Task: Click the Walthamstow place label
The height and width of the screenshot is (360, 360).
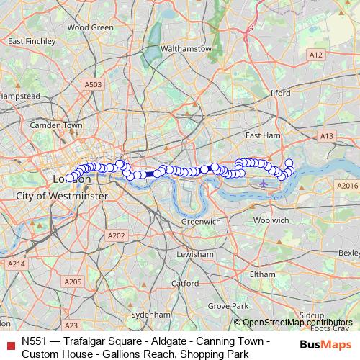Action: click(186, 48)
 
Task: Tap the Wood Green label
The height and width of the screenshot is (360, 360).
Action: click(90, 27)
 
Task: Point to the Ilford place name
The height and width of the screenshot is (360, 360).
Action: click(280, 93)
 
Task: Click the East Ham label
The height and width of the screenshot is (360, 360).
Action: click(262, 135)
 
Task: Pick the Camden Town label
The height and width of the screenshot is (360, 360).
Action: click(56, 125)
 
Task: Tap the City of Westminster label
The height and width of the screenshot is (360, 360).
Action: click(62, 196)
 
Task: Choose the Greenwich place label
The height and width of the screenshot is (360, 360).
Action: click(201, 222)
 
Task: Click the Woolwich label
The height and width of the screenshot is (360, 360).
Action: click(271, 220)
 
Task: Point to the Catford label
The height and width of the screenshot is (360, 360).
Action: click(185, 283)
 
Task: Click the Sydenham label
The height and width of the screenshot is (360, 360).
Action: click(151, 315)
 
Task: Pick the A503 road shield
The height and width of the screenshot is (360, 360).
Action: click(93, 84)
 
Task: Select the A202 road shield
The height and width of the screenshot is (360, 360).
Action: click(116, 235)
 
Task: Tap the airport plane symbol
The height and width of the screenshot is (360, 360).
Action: click(264, 183)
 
